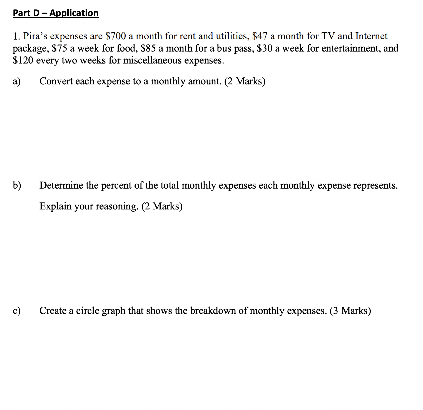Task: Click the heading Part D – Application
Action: click(x=56, y=13)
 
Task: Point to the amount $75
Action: click(x=60, y=48)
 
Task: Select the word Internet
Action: click(x=371, y=36)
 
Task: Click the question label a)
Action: click(x=17, y=81)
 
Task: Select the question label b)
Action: click(x=17, y=186)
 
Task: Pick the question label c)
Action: click(x=17, y=311)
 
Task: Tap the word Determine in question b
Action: click(x=61, y=186)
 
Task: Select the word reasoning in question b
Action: click(x=117, y=206)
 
